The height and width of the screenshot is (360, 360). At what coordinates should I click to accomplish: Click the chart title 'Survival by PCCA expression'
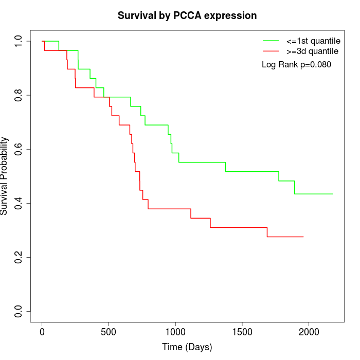(x=187, y=15)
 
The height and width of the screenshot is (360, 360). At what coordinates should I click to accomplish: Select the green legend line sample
(x=271, y=40)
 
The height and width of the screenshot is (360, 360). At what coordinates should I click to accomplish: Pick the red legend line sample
(x=271, y=51)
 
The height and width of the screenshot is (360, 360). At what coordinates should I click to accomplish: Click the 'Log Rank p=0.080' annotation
(x=296, y=65)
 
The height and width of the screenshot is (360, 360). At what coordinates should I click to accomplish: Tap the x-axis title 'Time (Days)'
(x=187, y=347)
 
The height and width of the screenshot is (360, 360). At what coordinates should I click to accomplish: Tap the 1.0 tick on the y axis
(x=19, y=41)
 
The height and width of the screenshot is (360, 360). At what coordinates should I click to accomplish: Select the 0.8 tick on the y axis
(x=19, y=95)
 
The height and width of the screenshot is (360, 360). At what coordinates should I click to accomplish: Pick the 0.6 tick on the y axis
(x=19, y=149)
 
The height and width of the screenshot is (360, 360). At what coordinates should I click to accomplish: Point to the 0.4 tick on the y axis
(x=19, y=203)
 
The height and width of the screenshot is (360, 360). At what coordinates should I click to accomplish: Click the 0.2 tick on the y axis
(x=19, y=257)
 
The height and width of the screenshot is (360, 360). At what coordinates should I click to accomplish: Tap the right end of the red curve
(x=303, y=237)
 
